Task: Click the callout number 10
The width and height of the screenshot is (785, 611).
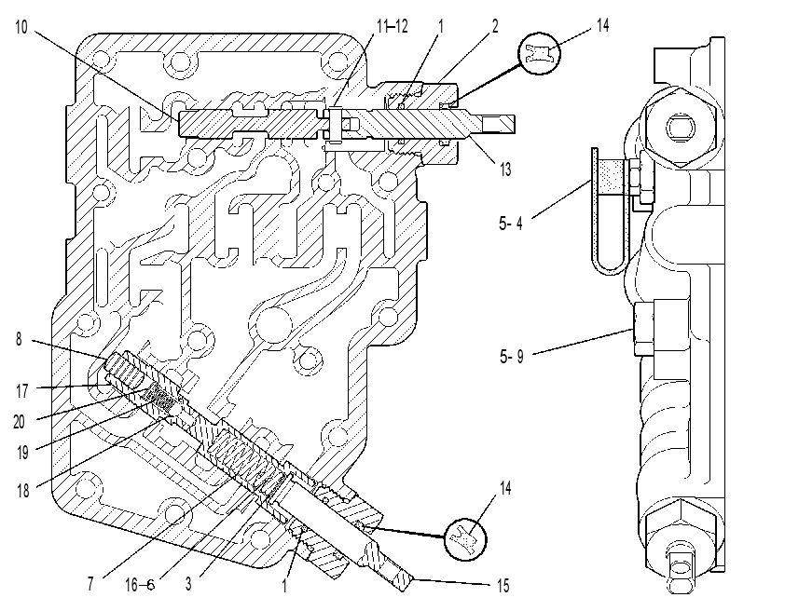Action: coord(21,27)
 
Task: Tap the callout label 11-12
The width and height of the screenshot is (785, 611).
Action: coord(392,25)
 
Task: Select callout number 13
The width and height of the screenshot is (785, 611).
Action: coord(505,170)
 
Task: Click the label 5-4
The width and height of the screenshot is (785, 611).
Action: coord(511,223)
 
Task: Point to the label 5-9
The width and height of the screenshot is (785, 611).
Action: coord(512,357)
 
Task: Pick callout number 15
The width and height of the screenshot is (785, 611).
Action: coord(503,586)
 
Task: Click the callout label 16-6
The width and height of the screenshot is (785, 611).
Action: coord(140,585)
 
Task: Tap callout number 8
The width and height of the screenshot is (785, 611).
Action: coord(19,339)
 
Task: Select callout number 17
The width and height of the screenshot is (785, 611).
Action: coord(22,391)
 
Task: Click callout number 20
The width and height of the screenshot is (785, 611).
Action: coord(19,422)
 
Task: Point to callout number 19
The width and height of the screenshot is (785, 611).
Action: coord(22,453)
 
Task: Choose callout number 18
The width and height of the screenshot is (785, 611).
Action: coord(23,491)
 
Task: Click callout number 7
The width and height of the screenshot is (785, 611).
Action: coord(90,583)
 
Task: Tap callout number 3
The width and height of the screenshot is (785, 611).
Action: coord(188,583)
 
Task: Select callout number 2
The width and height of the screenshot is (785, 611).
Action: coord(495,25)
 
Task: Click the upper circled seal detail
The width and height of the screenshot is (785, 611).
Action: coord(539,53)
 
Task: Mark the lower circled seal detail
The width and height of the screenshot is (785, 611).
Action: coord(465,539)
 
